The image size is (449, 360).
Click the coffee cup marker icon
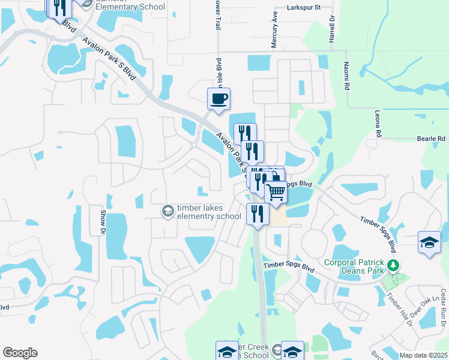tap(218, 98)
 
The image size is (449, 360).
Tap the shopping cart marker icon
tap(276, 191)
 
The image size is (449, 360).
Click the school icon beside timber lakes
tap(167, 211)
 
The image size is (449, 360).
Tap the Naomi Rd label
tap(346, 76)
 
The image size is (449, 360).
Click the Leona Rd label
tap(378, 127)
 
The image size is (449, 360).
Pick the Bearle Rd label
tap(430, 139)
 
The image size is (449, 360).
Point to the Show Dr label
tap(102, 222)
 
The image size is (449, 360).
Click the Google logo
tap(20, 353)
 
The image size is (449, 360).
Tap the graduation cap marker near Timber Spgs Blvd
tap(429, 242)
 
